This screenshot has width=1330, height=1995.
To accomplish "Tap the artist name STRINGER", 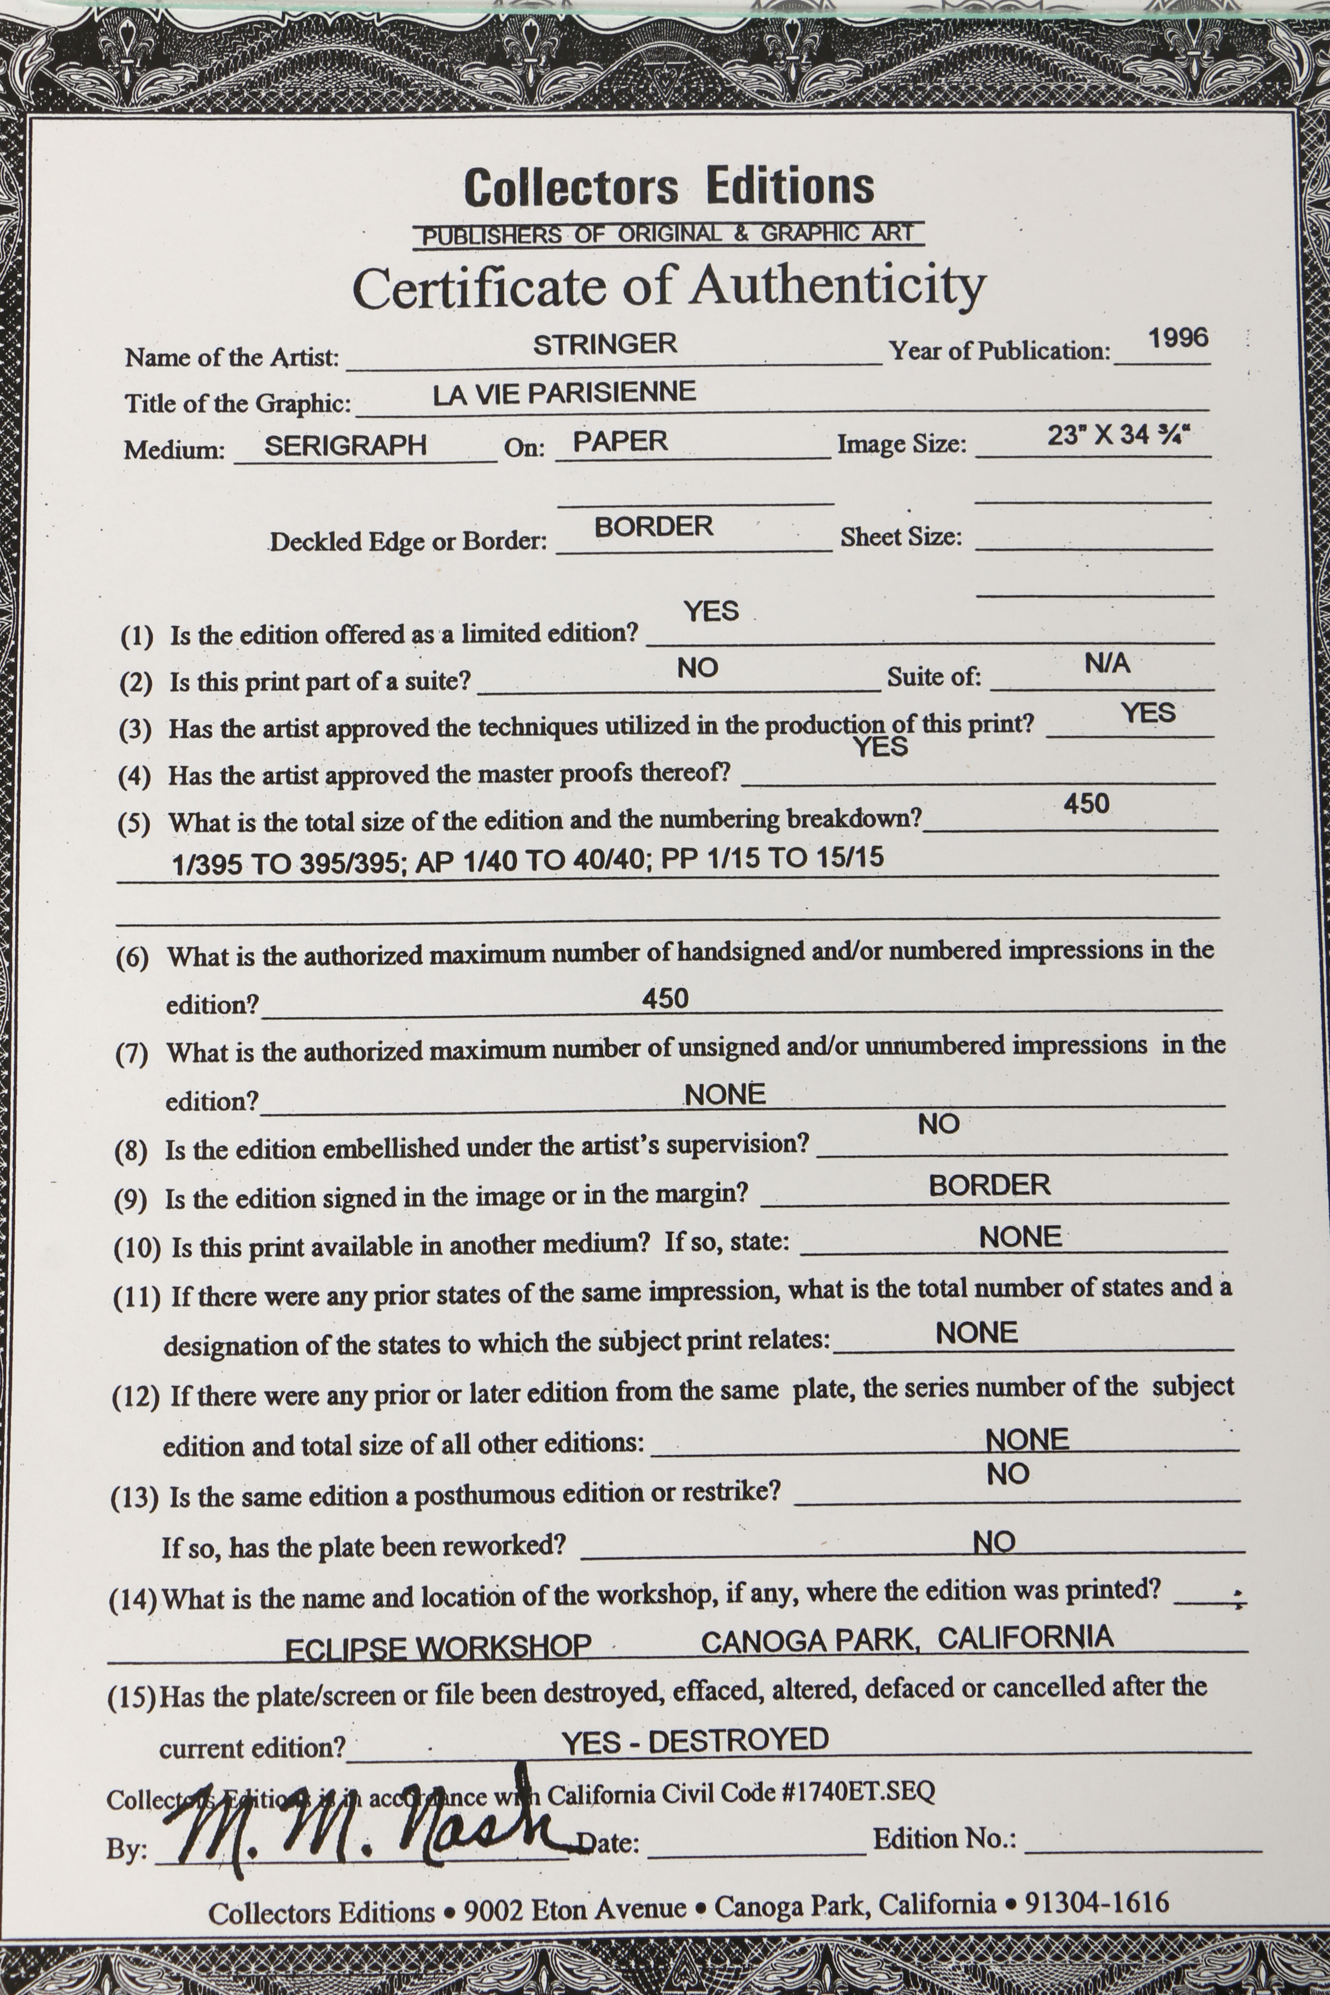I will (605, 345).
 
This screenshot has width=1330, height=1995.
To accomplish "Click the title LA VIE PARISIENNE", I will (564, 393).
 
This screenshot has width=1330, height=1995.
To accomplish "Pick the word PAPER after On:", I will (620, 441).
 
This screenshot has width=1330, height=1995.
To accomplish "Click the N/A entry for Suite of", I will (1107, 663).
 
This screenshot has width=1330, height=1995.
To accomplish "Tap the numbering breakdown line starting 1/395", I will (528, 861).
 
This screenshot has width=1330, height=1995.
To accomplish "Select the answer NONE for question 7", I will (725, 1094).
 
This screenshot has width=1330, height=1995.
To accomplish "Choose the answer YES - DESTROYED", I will (695, 1741).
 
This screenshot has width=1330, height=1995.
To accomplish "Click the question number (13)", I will (134, 1498).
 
